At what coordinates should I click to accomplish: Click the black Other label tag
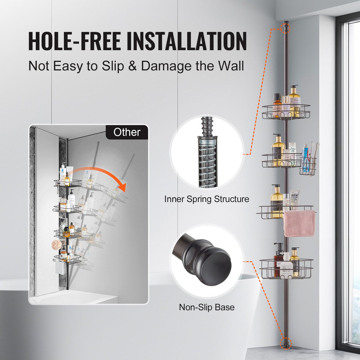tap(127, 132)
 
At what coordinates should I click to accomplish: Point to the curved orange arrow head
tap(122, 187)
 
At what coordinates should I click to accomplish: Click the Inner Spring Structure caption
tap(207, 199)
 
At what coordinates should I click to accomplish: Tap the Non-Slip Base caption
tap(207, 307)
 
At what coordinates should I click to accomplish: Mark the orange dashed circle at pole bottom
tap(286, 343)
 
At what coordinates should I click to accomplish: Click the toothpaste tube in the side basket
tap(306, 157)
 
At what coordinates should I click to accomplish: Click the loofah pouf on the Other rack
tap(56, 245)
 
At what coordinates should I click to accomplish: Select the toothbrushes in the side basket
tap(314, 154)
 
